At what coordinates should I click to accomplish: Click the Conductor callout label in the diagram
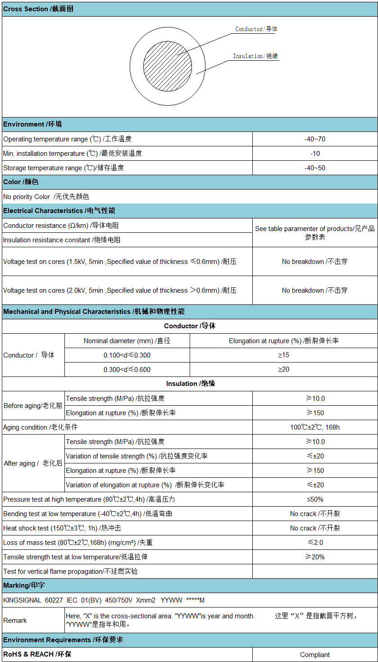point(256,29)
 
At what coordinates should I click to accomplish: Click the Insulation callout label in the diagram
point(255,56)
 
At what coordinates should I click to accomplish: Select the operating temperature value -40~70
point(314,139)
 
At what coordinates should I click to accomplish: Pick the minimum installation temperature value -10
point(315,154)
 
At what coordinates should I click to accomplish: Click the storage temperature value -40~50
point(314,168)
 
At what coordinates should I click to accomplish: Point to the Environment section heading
point(33,124)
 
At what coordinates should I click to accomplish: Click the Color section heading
point(21,182)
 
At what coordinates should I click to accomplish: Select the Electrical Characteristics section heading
point(59,211)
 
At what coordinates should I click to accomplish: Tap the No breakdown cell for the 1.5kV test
point(314,262)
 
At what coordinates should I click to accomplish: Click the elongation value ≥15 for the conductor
point(283,355)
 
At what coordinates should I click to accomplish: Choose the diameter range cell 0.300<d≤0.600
point(127,370)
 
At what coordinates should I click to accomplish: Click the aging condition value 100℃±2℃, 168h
point(314,427)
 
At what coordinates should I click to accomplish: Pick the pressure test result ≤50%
point(315,499)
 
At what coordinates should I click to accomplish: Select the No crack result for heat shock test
point(314,528)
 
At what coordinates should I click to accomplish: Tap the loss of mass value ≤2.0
point(315,543)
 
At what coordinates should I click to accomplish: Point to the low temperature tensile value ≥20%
point(315,557)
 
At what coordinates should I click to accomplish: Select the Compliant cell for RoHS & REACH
point(314,655)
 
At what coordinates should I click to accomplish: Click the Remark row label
point(15,621)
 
